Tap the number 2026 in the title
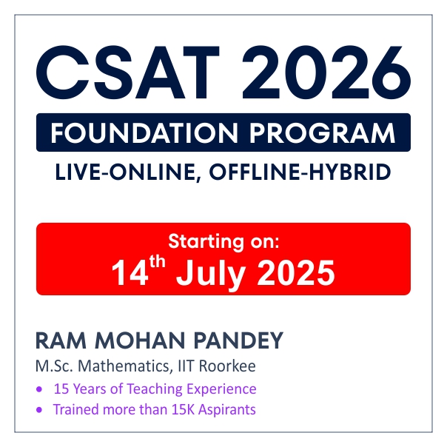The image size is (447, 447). click(x=326, y=73)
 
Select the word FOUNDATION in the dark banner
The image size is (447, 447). click(x=144, y=133)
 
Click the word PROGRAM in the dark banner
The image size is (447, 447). click(x=323, y=133)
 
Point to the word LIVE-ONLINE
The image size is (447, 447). click(x=128, y=172)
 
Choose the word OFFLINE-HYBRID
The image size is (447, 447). click(x=300, y=172)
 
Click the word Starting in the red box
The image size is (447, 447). click(x=206, y=242)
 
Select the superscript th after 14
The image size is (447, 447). click(x=158, y=262)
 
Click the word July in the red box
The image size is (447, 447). click(x=211, y=275)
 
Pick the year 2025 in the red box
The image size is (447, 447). click(x=296, y=273)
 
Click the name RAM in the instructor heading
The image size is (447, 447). click(x=61, y=340)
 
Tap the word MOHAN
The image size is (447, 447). click(x=140, y=340)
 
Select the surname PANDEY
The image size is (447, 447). click(x=238, y=340)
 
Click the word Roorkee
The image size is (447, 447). click(x=227, y=366)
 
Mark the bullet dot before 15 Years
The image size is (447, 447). click(x=39, y=389)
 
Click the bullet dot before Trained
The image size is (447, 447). click(x=39, y=410)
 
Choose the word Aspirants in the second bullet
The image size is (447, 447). click(x=227, y=410)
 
